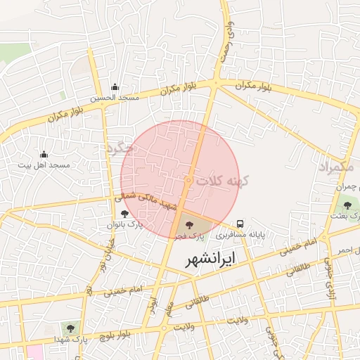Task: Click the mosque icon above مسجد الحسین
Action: click(x=115, y=87)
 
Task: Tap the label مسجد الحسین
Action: click(x=114, y=98)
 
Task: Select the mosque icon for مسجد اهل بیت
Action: click(x=44, y=154)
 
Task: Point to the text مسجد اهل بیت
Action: click(x=44, y=165)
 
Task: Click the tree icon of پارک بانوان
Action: click(x=124, y=214)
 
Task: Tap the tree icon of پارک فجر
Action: click(x=188, y=224)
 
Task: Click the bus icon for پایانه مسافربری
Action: click(x=240, y=224)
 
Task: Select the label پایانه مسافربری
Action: click(x=240, y=235)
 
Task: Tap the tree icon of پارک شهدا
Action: click(x=70, y=328)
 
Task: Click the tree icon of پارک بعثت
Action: click(x=347, y=205)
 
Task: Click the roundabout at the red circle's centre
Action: click(x=188, y=181)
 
